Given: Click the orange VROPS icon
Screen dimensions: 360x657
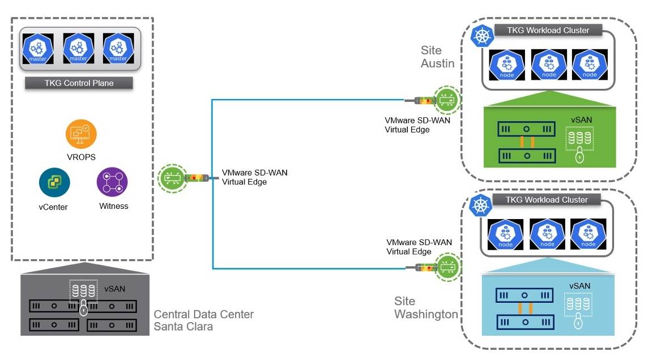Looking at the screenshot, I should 81,134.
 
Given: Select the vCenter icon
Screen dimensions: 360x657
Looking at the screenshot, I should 54,182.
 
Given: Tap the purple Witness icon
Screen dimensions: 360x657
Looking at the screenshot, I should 112,182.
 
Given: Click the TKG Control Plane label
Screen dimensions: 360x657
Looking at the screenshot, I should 79,83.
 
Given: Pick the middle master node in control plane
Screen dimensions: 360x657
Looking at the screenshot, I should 79,49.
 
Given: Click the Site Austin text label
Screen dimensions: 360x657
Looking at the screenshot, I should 437,57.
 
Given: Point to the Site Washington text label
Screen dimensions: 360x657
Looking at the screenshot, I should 426,307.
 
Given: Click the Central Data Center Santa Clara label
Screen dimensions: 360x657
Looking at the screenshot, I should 203,320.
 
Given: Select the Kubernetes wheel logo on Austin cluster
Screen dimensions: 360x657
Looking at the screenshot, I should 482,37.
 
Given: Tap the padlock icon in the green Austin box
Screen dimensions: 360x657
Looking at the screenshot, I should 579,156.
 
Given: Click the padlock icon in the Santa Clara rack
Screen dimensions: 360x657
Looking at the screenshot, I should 83,309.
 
